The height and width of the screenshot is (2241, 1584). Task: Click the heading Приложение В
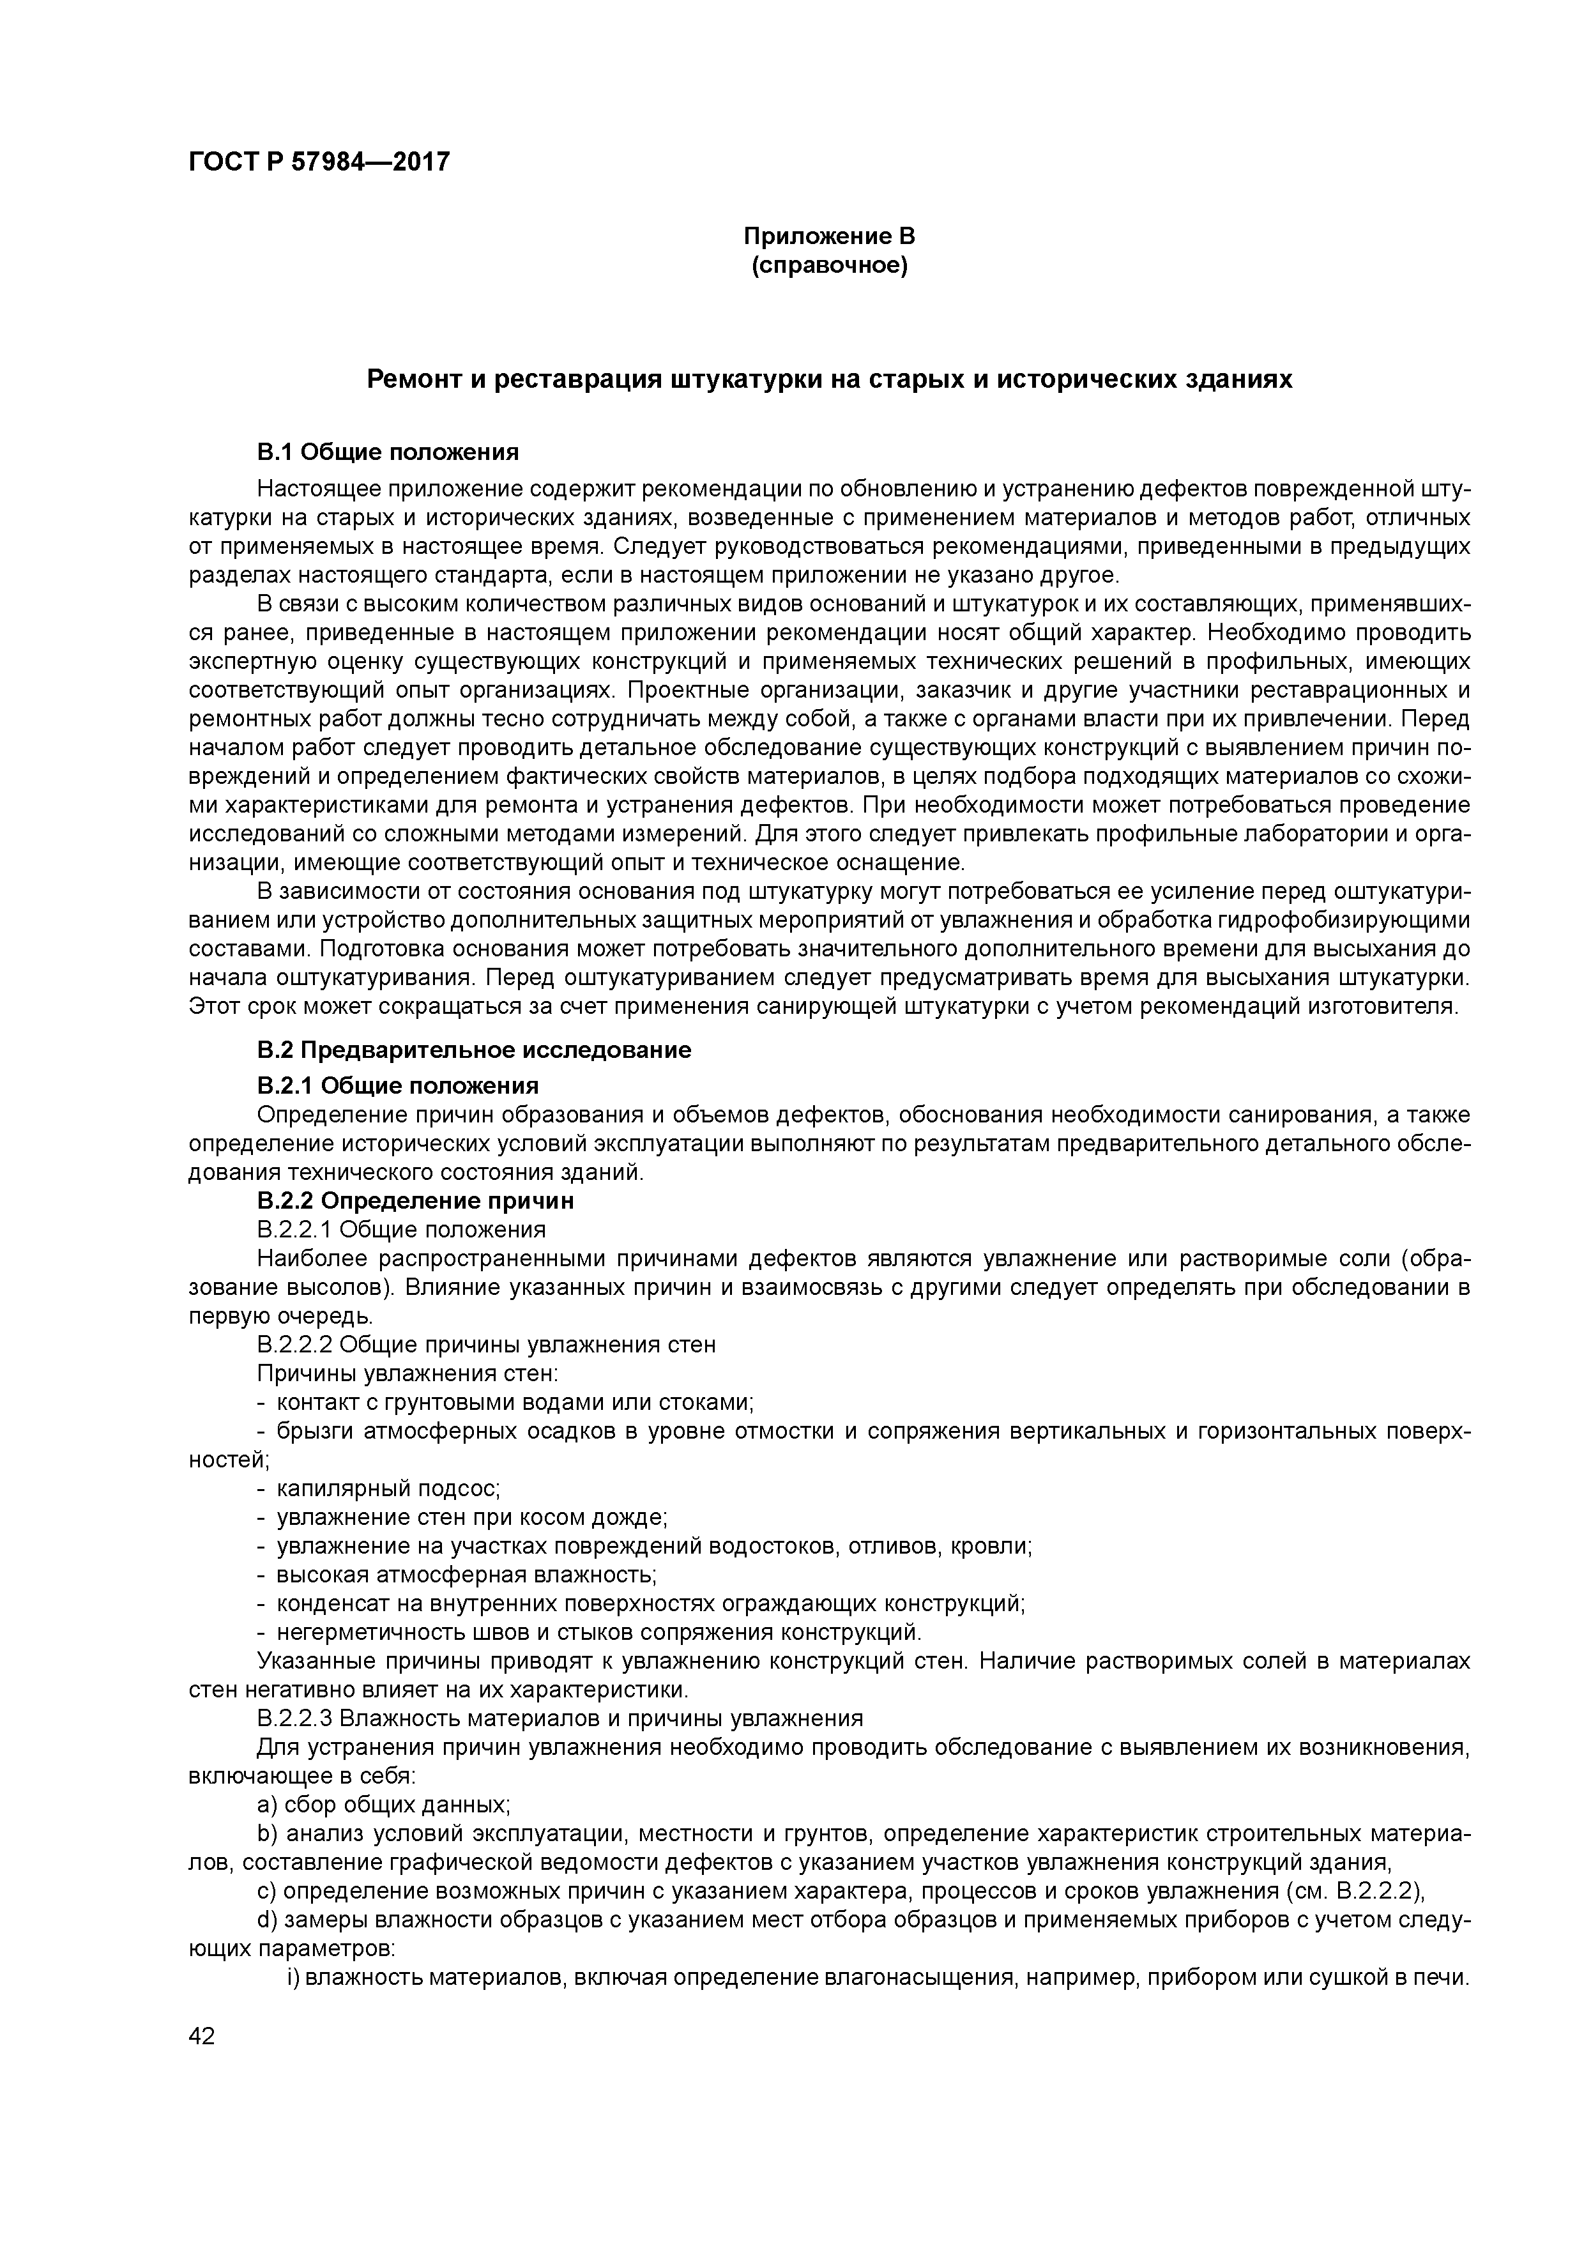[x=828, y=236]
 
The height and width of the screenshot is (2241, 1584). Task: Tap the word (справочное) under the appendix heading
[x=828, y=266]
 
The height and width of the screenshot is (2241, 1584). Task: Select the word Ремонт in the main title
[x=411, y=379]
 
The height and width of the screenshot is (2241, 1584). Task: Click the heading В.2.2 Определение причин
[x=415, y=1200]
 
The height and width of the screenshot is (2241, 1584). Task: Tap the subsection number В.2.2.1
[x=296, y=1230]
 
